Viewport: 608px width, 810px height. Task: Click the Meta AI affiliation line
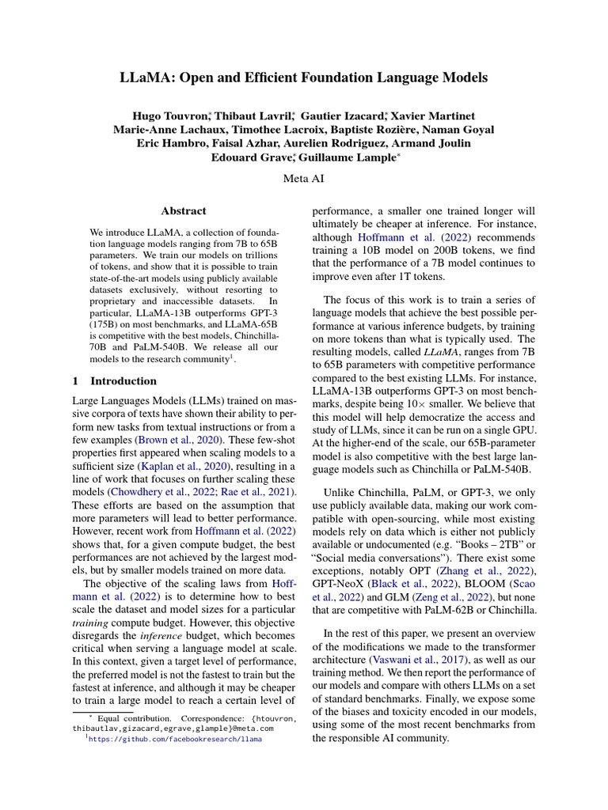pyautogui.click(x=303, y=180)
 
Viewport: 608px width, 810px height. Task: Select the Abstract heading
pyautogui.click(x=184, y=211)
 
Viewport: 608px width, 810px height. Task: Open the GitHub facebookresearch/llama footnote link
pyautogui.click(x=174, y=739)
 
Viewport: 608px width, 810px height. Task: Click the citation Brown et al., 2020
pyautogui.click(x=180, y=438)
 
